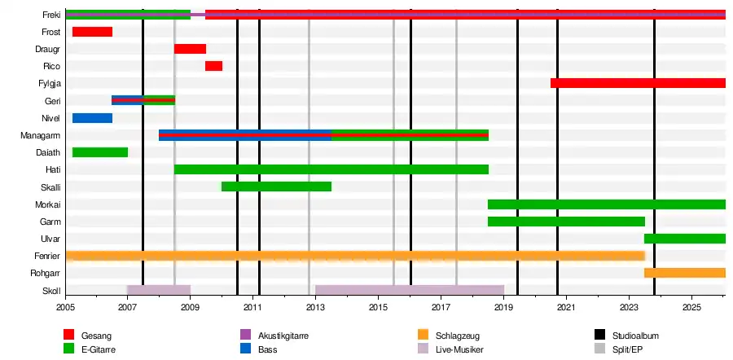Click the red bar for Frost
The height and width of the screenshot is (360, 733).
pos(92,32)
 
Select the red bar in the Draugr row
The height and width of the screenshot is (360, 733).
pos(191,49)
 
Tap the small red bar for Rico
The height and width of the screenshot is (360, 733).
pos(213,66)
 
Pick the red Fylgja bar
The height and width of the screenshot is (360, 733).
pos(638,83)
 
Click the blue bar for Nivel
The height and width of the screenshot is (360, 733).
pos(92,118)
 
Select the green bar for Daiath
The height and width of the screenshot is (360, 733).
pos(100,152)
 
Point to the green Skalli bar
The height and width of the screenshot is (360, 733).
pos(276,187)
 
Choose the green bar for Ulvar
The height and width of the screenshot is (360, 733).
pos(685,239)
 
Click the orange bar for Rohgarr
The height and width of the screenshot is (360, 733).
pos(685,273)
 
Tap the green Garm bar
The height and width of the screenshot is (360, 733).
pos(566,222)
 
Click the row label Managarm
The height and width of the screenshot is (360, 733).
pos(41,135)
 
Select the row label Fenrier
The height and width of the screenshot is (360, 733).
pos(47,256)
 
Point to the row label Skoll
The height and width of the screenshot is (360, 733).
pos(51,291)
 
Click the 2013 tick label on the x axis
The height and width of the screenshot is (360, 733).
pos(315,307)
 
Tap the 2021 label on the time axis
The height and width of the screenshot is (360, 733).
pos(566,307)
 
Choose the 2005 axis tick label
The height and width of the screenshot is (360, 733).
pos(65,307)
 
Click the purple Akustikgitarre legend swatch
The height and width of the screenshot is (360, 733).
pos(245,335)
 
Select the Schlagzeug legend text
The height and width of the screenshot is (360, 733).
pos(457,336)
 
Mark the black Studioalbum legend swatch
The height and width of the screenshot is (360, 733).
pos(599,335)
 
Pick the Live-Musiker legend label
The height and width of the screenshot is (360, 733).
pos(459,349)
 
